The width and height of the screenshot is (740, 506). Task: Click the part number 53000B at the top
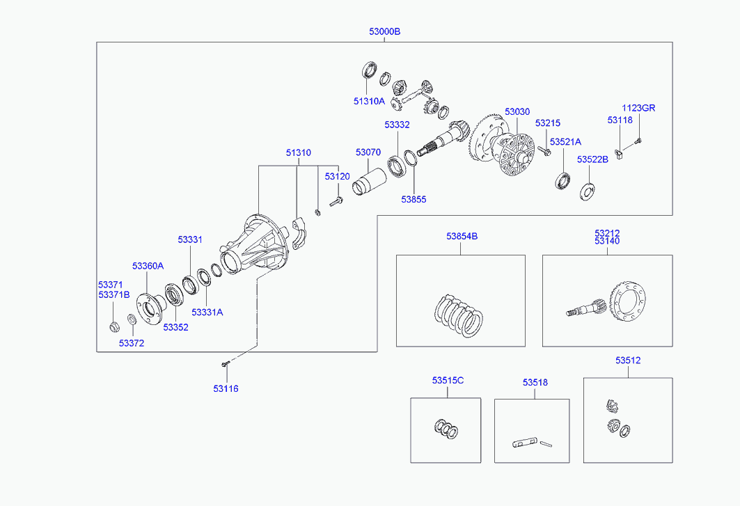pos(385,31)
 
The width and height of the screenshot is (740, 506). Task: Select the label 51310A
pos(369,101)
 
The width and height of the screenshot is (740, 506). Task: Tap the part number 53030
pos(517,111)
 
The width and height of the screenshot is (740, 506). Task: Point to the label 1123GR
pos(638,108)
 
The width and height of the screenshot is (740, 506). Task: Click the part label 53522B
pos(592,159)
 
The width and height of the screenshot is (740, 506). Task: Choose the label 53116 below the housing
pos(226,388)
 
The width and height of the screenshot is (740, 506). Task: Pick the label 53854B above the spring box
pos(462,237)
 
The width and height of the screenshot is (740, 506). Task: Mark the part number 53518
pos(535,382)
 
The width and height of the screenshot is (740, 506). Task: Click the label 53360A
pos(148,266)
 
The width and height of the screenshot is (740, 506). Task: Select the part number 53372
pos(131,343)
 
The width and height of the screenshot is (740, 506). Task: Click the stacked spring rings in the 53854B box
pos(459,317)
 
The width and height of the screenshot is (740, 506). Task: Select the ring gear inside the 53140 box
pos(629,302)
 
